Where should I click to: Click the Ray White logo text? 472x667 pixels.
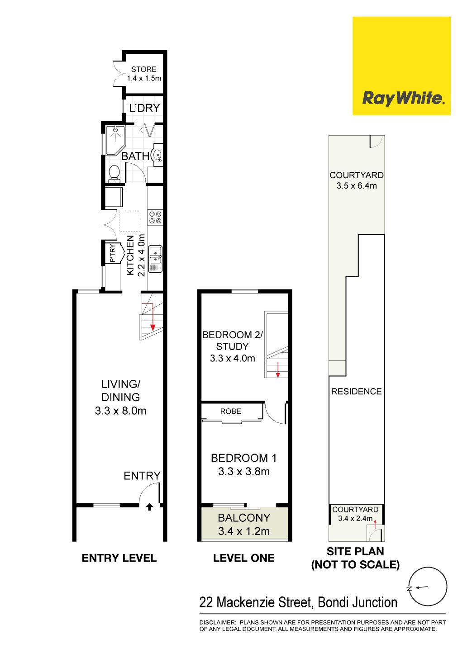point(404,98)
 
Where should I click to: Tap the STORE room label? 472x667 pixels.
point(143,69)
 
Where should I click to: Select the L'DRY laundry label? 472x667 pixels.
point(144,108)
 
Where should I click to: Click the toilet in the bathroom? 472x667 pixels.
point(114,174)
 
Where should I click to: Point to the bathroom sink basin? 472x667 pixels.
point(157,155)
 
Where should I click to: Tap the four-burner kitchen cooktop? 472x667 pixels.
point(155,217)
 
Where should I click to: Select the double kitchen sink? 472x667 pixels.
point(155,259)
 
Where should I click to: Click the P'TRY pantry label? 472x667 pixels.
point(112,253)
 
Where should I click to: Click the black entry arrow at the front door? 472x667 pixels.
point(149,507)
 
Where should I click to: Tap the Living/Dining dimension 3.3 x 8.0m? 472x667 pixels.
point(120,411)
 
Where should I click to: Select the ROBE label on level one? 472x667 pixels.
point(230,411)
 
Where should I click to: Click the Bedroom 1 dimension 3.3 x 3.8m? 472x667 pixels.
point(244,472)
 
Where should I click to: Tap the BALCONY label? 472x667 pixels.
point(244,518)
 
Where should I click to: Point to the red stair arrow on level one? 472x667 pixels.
point(278,369)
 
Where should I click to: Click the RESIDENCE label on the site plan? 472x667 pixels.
point(356,391)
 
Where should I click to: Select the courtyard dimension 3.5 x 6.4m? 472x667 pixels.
point(357,186)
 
